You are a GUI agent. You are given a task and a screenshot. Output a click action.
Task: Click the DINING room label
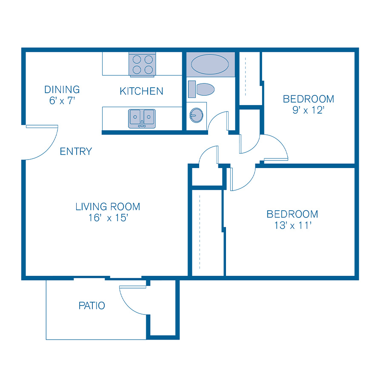(62, 90)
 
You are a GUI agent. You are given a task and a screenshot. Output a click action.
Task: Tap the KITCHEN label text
(141, 91)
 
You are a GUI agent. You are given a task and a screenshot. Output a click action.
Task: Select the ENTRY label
(76, 151)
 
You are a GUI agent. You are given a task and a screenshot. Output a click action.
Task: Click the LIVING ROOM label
(108, 207)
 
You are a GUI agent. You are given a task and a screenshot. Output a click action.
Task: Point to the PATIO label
(92, 306)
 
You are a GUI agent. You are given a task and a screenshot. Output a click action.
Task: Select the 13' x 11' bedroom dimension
(292, 225)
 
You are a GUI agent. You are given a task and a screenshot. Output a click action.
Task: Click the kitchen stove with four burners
(143, 65)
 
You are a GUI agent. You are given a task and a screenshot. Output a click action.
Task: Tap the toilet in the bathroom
(202, 89)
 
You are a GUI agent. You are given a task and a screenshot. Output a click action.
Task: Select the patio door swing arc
(133, 300)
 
